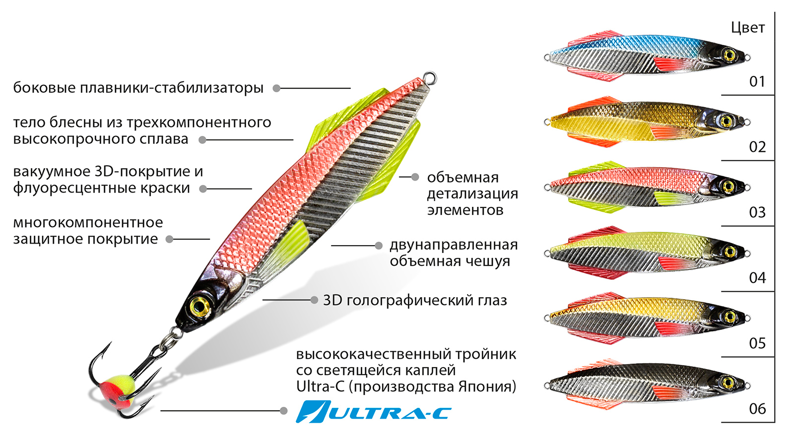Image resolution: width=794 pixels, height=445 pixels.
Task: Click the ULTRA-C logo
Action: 373,412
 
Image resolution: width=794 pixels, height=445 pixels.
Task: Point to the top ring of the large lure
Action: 430,77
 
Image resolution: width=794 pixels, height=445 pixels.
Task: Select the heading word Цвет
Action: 747,28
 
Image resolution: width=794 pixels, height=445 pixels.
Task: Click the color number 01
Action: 757,81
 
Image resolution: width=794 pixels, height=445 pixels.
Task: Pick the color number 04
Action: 757,278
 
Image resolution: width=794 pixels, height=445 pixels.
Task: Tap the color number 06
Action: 757,409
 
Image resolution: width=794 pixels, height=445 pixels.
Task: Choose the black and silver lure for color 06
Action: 645,383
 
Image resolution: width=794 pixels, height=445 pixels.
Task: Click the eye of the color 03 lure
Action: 728,187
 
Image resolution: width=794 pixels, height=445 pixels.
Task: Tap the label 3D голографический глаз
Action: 415,300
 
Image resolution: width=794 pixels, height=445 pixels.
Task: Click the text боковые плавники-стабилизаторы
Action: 138,88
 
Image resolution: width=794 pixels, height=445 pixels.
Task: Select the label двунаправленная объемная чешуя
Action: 453,253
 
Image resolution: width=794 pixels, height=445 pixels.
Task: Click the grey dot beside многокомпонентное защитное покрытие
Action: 169,239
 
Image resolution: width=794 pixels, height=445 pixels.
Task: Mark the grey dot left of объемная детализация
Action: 415,177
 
